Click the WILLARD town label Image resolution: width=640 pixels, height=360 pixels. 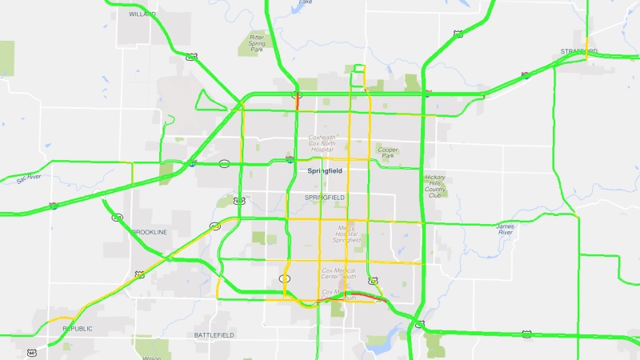142,14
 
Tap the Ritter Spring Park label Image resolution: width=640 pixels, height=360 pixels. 256,42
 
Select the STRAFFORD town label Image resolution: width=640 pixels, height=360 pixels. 579,51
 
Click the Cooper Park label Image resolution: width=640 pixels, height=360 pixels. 388,152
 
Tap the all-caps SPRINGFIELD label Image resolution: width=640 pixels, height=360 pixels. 324,197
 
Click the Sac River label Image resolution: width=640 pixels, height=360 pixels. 28,178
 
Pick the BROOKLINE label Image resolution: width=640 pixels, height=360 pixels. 150,232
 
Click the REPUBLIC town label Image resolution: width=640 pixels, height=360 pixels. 78,329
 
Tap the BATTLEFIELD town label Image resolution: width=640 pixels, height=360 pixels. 213,334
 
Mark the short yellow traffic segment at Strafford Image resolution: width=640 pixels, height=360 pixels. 586,43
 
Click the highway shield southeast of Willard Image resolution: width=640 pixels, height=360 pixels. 191,57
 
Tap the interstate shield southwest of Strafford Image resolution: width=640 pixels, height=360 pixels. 525,76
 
